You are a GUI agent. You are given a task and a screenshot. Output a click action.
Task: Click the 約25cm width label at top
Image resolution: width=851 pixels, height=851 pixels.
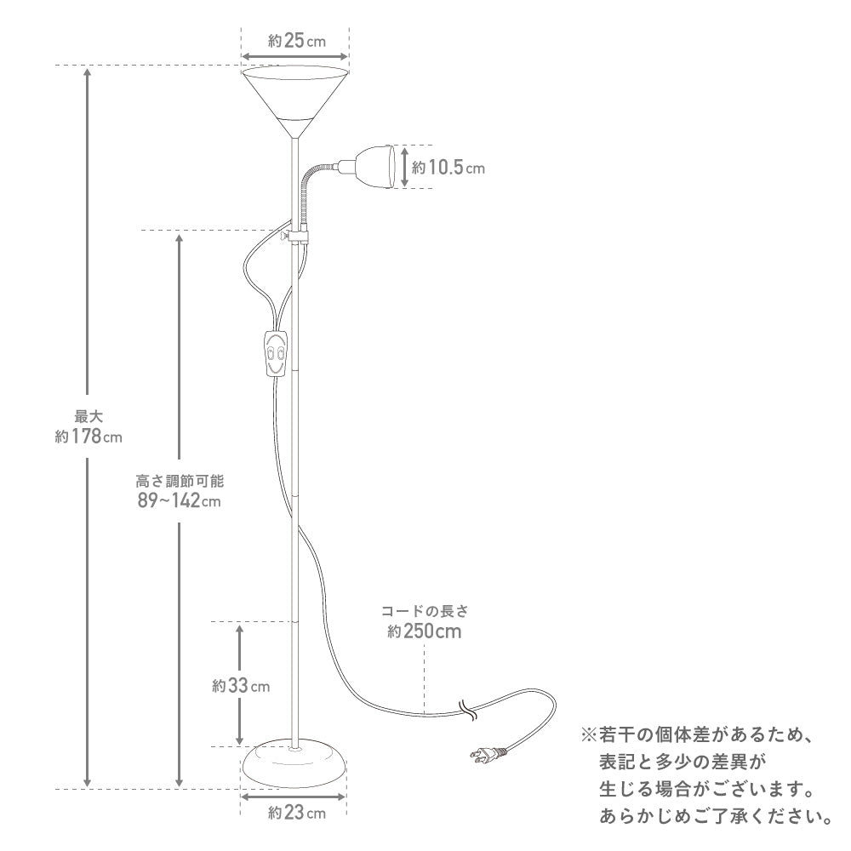[x=296, y=41]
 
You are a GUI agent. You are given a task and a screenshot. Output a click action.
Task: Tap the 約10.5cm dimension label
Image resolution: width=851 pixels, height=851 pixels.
[x=448, y=167]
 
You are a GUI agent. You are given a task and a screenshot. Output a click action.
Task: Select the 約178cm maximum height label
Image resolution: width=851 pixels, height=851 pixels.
[x=89, y=436]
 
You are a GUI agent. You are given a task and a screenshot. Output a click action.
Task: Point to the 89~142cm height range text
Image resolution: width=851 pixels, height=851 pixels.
[x=179, y=500]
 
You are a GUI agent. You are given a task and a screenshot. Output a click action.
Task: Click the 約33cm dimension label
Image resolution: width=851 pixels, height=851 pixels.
[x=241, y=685]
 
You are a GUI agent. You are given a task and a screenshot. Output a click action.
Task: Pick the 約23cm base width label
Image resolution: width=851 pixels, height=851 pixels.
[x=296, y=813]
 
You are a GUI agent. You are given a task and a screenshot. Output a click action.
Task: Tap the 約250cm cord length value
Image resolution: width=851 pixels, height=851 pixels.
[x=425, y=631]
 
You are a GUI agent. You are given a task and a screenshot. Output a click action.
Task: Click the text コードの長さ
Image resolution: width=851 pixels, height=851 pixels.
[x=425, y=611]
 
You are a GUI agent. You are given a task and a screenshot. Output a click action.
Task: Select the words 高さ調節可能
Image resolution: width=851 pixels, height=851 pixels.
[x=180, y=481]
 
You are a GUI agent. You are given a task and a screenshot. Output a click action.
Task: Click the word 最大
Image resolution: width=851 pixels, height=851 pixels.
[x=89, y=417]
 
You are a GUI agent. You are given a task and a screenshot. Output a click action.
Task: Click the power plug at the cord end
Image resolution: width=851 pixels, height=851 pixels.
[x=488, y=754]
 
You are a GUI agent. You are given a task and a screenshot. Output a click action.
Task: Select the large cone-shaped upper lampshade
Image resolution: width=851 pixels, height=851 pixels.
[x=294, y=101]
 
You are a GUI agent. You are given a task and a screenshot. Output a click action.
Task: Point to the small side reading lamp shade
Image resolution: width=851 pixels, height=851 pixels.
[x=374, y=166]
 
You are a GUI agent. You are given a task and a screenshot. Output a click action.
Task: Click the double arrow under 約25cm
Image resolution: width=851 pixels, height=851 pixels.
[x=294, y=56]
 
